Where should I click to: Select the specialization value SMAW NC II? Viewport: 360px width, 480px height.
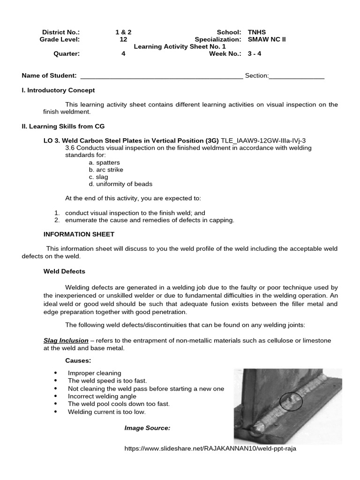[266, 39]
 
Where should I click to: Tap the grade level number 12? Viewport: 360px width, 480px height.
[123, 39]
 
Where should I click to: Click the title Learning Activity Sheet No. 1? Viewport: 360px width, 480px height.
[180, 46]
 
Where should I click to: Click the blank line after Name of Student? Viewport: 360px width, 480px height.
[162, 76]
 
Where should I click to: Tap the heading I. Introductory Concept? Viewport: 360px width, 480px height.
[58, 90]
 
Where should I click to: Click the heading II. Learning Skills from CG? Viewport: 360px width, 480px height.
[63, 126]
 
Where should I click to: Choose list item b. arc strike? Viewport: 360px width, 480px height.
[106, 170]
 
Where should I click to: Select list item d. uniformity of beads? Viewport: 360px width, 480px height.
[120, 184]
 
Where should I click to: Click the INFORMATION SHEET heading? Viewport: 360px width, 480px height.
[79, 234]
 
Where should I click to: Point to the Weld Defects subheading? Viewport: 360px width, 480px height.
[64, 271]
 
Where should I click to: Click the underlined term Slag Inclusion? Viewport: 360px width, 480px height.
[66, 340]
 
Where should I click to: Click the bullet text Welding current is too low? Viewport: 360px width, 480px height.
[107, 412]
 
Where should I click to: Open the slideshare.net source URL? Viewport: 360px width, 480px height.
[210, 448]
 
